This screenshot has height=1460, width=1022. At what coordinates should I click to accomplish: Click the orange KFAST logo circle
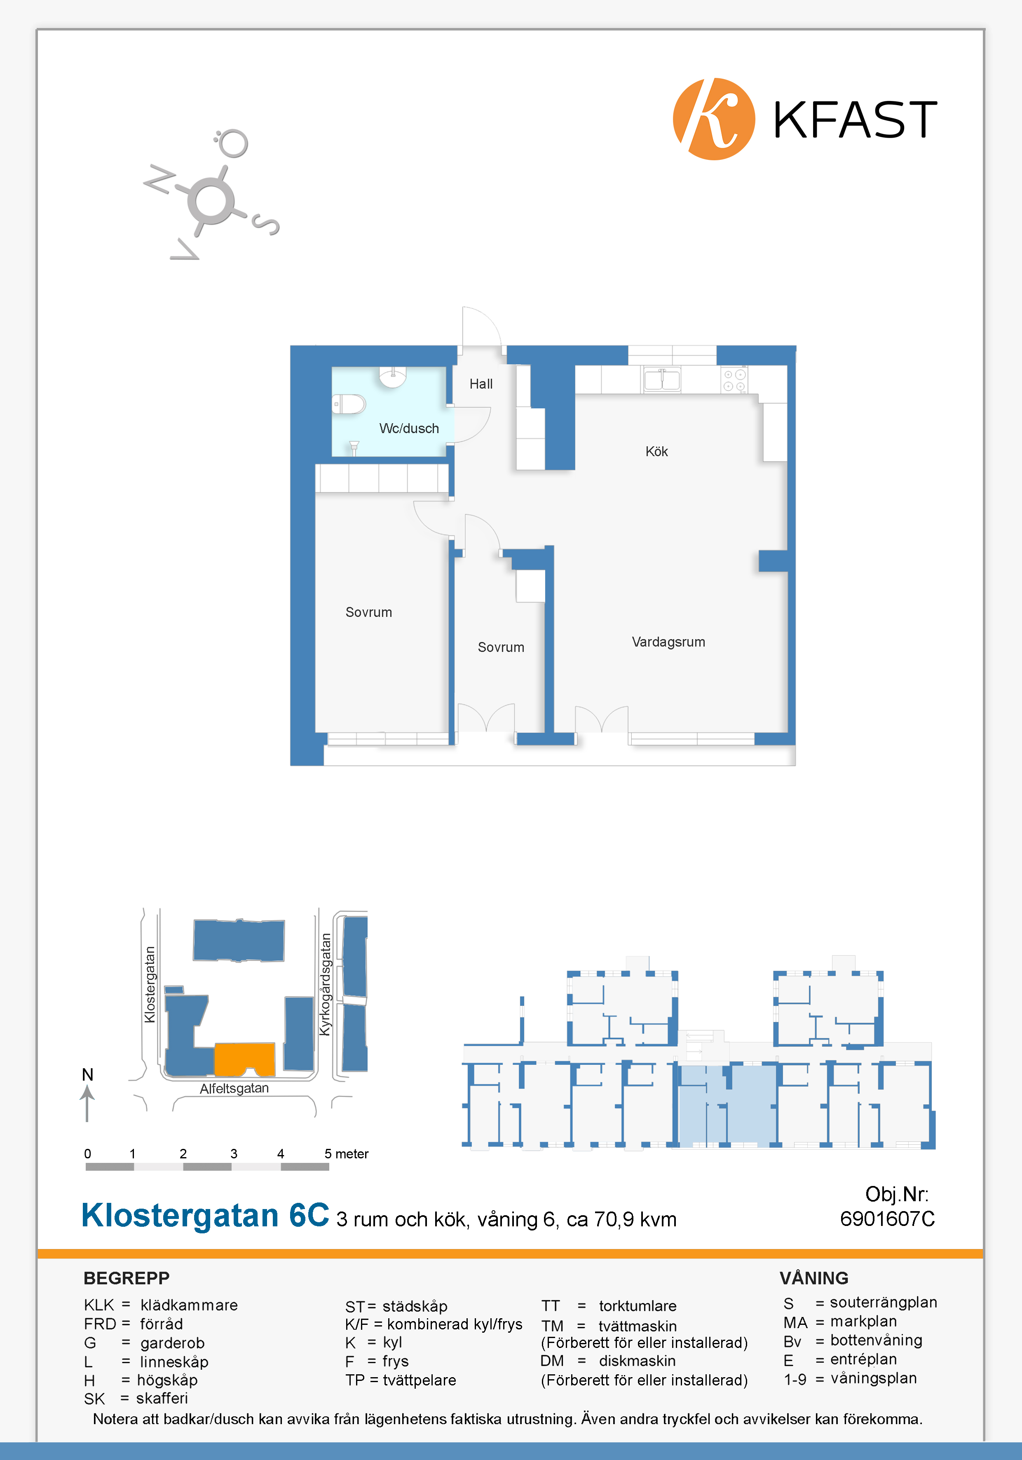tap(714, 119)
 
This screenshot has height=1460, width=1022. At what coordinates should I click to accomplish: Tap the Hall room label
tap(481, 384)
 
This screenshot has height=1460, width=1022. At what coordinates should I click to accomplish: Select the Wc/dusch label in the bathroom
tap(409, 429)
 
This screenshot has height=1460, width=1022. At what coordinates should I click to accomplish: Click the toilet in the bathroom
tap(349, 404)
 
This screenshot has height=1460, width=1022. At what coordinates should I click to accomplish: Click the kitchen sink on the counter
tap(662, 379)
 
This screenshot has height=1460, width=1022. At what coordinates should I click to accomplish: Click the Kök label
tap(656, 452)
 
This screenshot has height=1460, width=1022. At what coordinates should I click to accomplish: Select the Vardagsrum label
tap(668, 642)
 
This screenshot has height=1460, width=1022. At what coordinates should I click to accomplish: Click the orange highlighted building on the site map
tap(245, 1059)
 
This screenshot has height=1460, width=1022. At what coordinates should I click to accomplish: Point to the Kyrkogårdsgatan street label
tap(326, 984)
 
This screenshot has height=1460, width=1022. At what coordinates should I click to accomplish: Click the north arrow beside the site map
tap(87, 1103)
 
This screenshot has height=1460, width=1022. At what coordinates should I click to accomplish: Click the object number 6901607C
tap(887, 1219)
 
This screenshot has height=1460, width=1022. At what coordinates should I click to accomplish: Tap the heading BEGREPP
tap(127, 1278)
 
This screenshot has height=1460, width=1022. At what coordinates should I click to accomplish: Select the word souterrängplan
tap(884, 1303)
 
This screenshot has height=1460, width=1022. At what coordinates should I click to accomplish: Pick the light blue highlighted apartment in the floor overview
tap(727, 1104)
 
